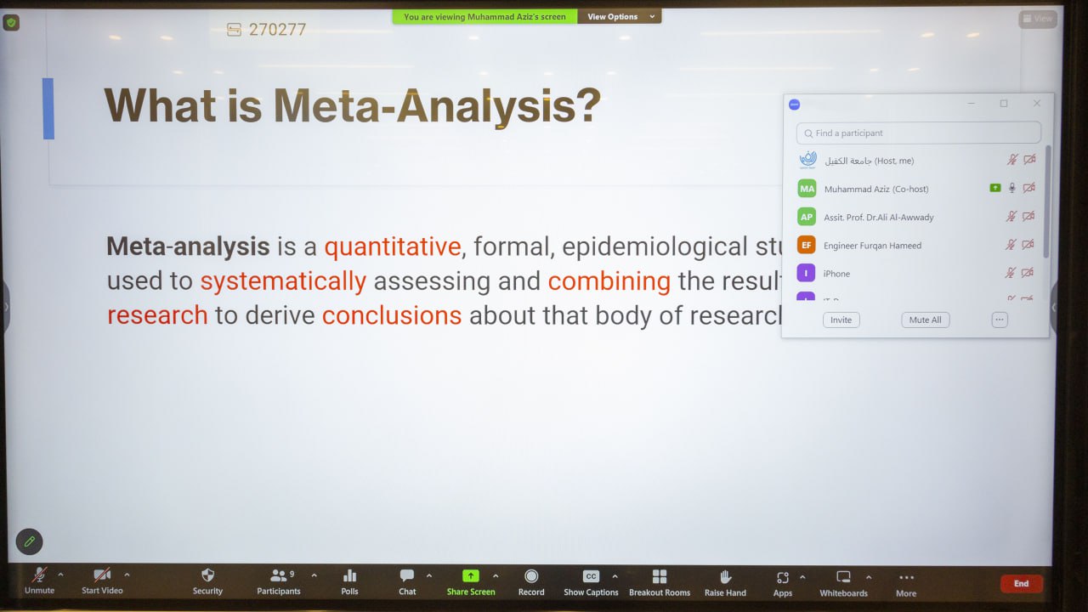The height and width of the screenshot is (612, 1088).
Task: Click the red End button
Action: point(1021,583)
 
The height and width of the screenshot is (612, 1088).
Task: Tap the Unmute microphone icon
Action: point(39,575)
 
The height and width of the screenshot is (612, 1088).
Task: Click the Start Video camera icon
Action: point(102,575)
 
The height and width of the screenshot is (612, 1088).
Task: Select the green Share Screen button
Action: point(471,576)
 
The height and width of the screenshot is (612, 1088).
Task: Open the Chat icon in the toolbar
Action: point(407,575)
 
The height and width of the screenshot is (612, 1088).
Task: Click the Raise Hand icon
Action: point(725,576)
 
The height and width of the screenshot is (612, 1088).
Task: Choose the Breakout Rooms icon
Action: point(660,576)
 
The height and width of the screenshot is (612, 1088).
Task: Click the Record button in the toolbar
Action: point(531,576)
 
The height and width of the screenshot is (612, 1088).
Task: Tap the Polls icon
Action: point(349,575)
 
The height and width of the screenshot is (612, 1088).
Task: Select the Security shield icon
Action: point(207,575)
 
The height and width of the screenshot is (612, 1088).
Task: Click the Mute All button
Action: point(925,320)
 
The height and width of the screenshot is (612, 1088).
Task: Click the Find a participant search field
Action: point(918,133)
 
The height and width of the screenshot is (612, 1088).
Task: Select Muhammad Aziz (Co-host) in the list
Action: point(875,189)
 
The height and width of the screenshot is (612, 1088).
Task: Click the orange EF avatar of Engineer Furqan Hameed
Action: point(806,245)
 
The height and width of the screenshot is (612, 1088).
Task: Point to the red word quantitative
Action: point(392,246)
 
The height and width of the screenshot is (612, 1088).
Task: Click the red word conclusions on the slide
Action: point(391,315)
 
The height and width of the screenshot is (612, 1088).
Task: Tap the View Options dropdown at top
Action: point(620,16)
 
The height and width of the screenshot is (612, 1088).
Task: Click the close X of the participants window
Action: point(1036,104)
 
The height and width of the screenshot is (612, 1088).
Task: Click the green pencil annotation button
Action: point(29,541)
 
